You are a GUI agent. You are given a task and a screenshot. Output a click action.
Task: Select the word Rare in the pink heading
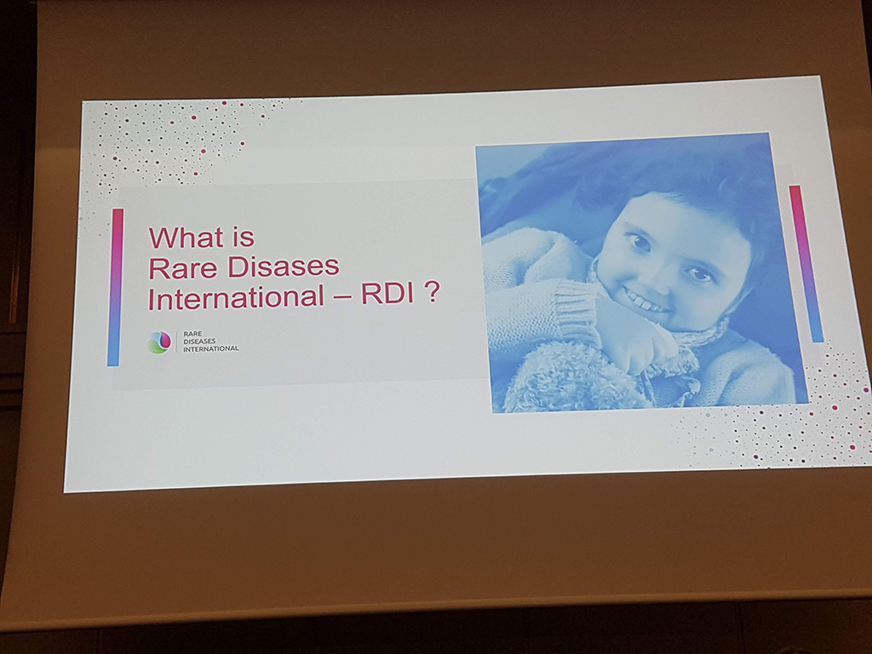pos(182,268)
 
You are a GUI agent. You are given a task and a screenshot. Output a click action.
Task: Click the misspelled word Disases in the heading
pos(283,267)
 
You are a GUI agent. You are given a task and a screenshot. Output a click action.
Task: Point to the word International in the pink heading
pos(236,297)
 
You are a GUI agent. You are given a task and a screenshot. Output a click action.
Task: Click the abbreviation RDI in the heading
pos(388,294)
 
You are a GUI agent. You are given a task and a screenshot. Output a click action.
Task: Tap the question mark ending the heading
pos(432,293)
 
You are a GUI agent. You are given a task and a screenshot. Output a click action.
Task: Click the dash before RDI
pos(342,295)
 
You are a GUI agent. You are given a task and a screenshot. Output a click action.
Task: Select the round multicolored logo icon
pos(159,342)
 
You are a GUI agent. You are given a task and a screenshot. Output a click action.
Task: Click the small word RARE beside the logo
pos(192,334)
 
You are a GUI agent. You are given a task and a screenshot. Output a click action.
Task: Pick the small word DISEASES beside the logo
pos(199,341)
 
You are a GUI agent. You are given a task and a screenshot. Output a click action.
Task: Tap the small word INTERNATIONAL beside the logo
pos(211,348)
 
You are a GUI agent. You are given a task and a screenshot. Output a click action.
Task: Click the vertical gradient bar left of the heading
pos(115,288)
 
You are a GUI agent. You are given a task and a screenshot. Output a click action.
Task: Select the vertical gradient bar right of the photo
pos(806,263)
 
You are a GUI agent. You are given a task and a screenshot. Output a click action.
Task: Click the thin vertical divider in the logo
pos(177,341)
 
